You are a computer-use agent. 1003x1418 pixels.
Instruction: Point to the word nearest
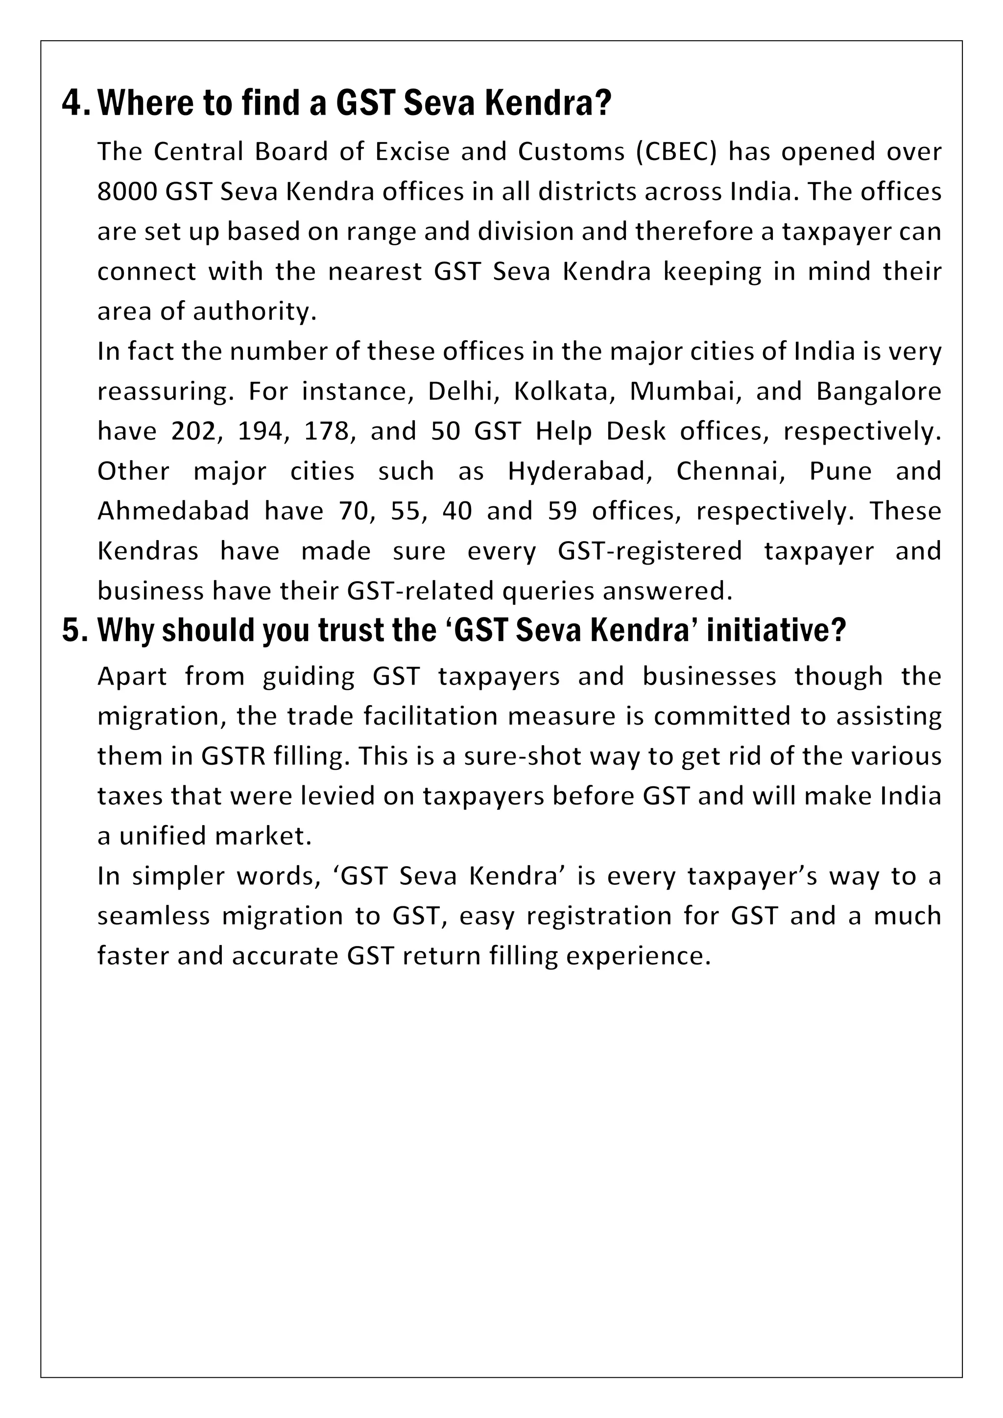point(375,272)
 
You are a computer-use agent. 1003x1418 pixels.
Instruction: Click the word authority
point(255,311)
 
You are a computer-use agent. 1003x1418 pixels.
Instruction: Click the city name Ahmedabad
point(173,511)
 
